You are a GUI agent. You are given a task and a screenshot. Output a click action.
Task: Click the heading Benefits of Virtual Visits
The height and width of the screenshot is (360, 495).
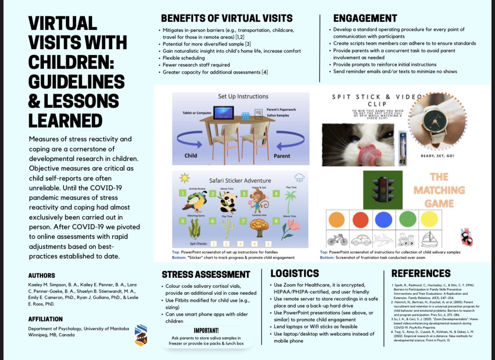pos(226,18)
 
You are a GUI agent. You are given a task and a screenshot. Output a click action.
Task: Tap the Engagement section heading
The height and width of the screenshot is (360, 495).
pos(365,18)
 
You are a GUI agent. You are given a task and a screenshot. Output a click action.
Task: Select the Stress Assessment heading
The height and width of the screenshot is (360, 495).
pos(206,275)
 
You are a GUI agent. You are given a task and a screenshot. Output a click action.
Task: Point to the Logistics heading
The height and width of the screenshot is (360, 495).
pos(295,273)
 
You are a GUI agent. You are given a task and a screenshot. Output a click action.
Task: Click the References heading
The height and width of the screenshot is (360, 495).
pos(421,273)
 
